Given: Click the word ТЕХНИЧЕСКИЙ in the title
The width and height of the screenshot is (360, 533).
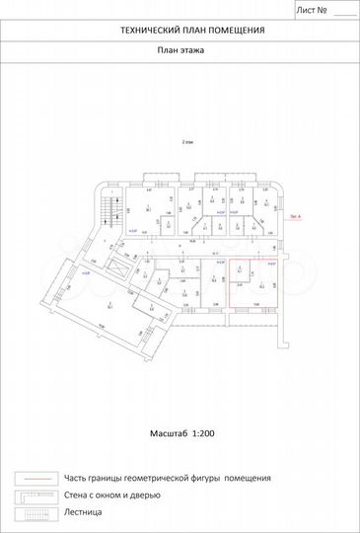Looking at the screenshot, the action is tap(146, 31).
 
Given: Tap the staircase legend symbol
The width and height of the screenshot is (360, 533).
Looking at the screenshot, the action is tap(32, 513).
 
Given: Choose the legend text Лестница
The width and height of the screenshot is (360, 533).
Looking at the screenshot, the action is tap(84, 513).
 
